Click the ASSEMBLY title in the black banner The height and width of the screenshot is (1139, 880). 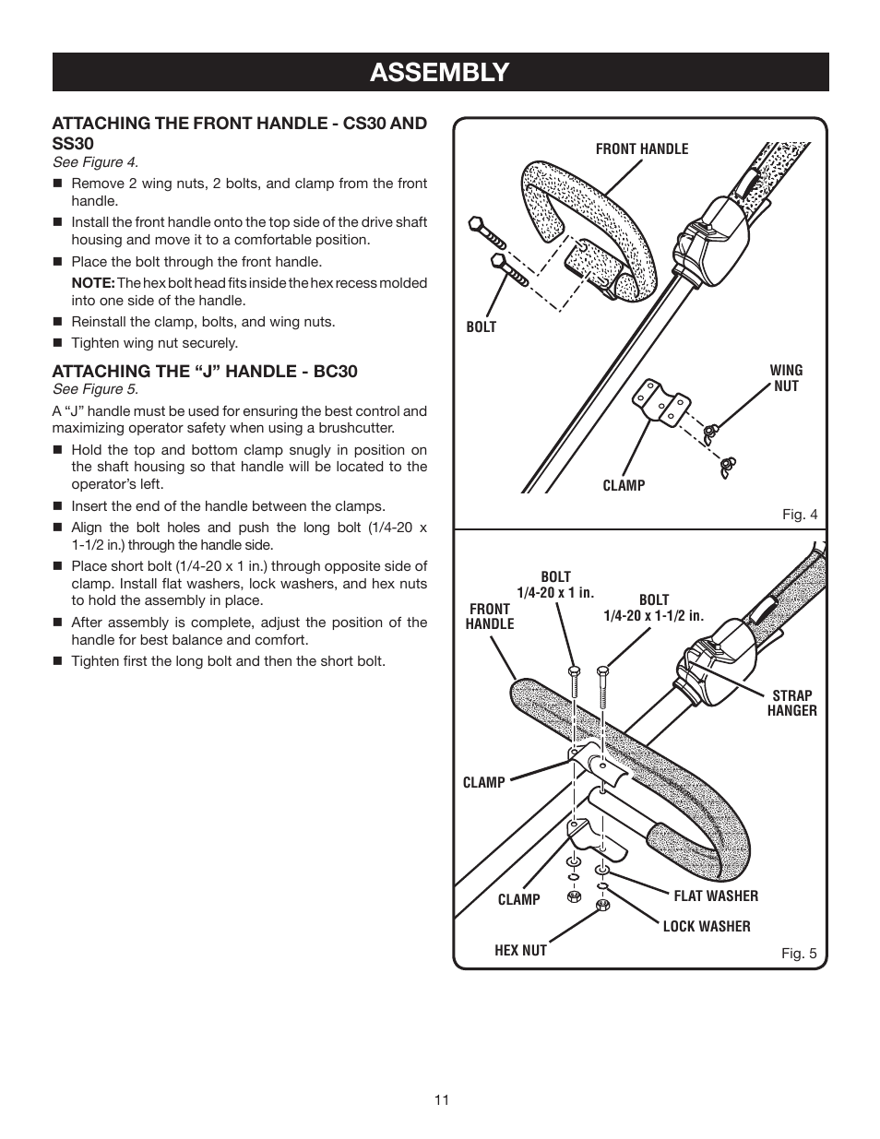pos(439,72)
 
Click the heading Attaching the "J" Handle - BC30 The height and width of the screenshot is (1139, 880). pos(204,371)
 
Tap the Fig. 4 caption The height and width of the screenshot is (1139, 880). pos(800,515)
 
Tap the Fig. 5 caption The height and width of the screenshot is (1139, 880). pos(799,954)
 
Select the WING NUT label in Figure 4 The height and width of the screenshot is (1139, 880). pos(786,378)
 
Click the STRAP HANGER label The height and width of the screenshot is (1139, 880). pos(791,703)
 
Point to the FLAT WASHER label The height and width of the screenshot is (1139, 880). pos(716,896)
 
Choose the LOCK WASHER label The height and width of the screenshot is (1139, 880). pos(707,926)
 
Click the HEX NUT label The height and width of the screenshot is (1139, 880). pos(520,950)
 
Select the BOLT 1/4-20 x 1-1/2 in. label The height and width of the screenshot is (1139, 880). pos(653,608)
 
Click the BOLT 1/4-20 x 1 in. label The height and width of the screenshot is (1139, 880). pos(555,585)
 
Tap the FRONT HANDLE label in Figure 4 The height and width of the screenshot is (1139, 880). pos(641,148)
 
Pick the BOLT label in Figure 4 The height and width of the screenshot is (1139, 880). pos(481,326)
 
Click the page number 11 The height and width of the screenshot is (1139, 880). pos(440,1099)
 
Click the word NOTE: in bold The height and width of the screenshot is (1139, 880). pos(92,283)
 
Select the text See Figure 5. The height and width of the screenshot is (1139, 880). pos(95,389)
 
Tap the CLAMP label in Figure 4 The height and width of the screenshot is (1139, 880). pos(624,485)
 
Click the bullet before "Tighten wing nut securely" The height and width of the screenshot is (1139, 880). pos(57,343)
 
